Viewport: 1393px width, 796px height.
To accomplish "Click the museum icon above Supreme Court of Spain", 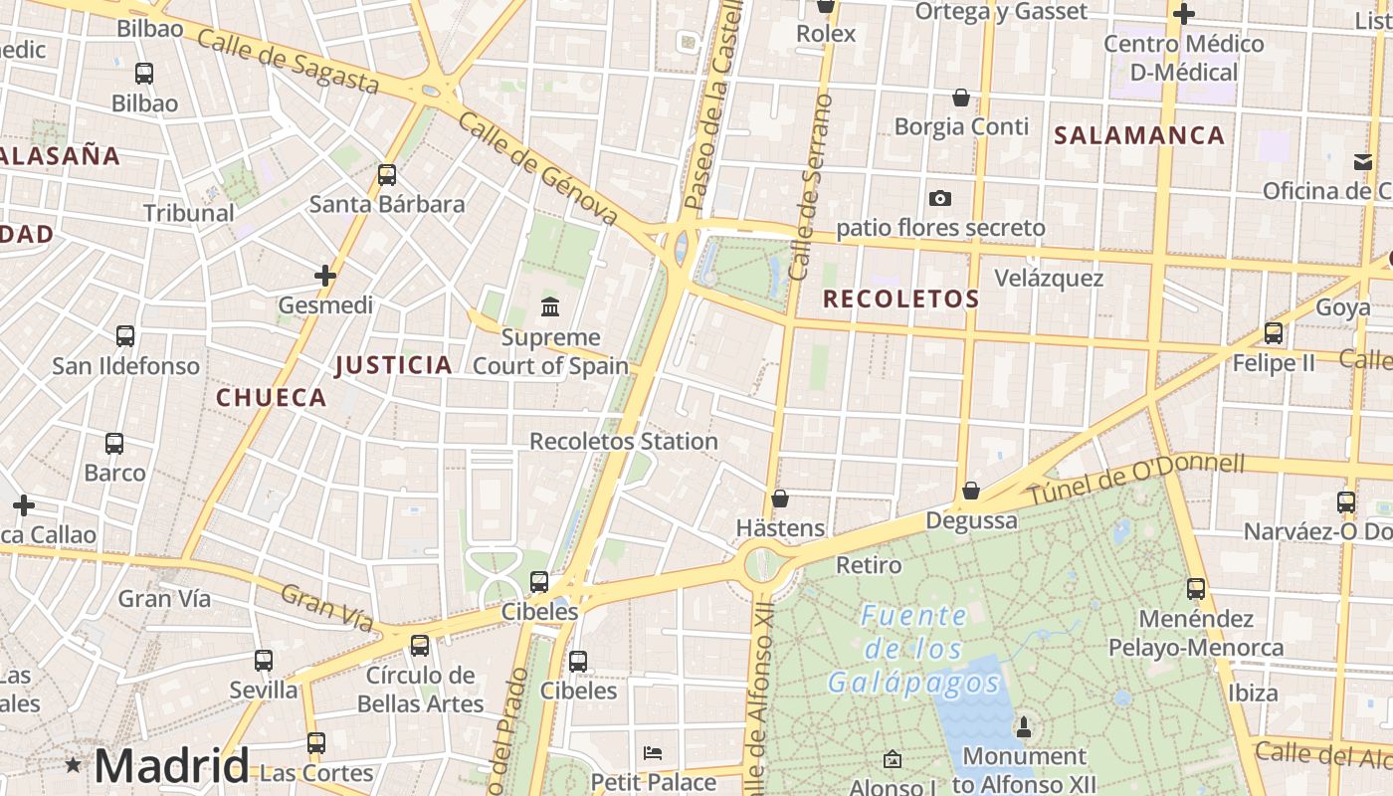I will click(549, 305).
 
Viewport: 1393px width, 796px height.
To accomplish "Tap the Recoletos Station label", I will click(623, 441).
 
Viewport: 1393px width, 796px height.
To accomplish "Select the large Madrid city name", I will click(171, 766).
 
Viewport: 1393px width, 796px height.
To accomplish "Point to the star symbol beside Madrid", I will click(73, 765).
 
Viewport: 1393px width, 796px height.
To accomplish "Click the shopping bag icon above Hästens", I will click(780, 497).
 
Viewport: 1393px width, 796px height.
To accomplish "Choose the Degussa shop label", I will click(971, 520).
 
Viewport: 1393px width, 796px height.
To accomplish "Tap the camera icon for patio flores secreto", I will click(939, 199).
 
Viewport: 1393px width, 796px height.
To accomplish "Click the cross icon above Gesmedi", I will click(325, 276).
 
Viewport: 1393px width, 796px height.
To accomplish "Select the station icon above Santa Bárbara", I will click(387, 175).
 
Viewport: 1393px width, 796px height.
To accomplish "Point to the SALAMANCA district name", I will click(1139, 136).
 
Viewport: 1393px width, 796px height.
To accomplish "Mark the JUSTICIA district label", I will click(393, 365).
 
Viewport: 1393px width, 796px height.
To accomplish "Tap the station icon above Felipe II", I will click(1274, 333).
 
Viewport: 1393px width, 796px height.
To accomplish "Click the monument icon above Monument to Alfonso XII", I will click(1023, 726).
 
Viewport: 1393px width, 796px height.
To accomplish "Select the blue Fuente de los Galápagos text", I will click(913, 650).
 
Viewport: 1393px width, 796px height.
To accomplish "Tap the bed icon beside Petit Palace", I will click(653, 752).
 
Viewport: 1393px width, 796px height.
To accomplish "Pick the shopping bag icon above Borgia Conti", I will click(961, 98).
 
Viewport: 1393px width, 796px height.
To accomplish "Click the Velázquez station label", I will click(1049, 278).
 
